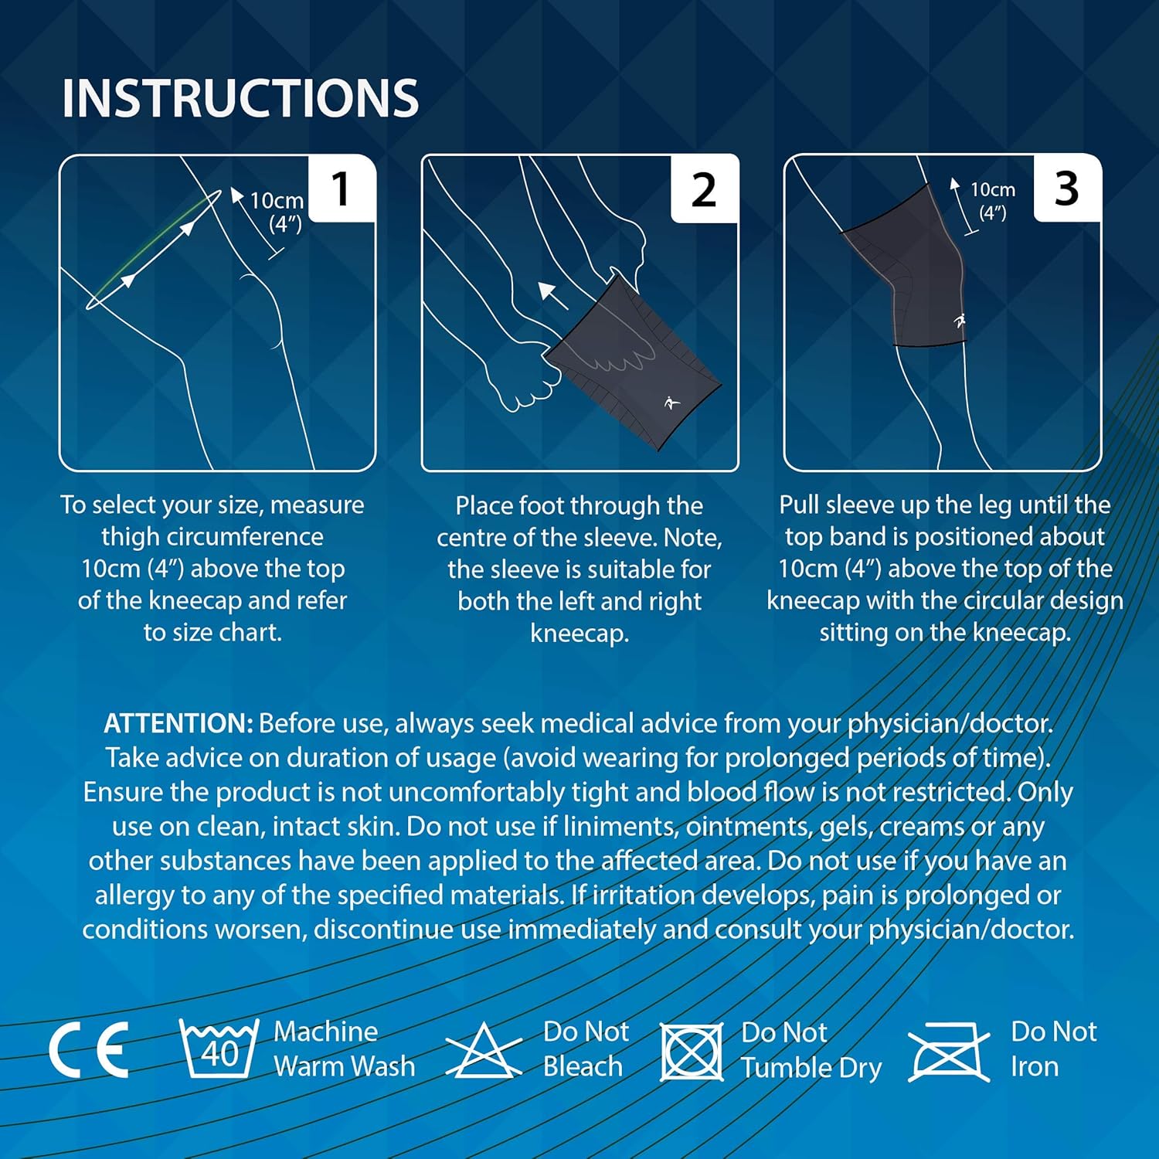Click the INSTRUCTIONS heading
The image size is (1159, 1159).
tap(240, 98)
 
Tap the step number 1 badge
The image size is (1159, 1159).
tap(341, 189)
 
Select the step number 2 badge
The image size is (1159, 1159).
tap(703, 189)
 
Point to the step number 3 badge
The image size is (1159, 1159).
tap(1066, 189)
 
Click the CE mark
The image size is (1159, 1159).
tap(89, 1049)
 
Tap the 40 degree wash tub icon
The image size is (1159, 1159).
tap(219, 1049)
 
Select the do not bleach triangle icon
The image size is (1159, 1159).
tap(484, 1051)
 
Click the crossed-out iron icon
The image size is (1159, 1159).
tap(949, 1052)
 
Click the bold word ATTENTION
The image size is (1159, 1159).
tap(178, 723)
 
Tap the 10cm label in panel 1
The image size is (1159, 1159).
tap(277, 201)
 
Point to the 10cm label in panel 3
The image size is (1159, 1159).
tap(993, 190)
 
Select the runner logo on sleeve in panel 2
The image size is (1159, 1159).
tap(671, 403)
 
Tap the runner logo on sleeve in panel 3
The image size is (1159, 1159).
tap(960, 321)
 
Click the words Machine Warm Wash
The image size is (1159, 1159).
tap(344, 1049)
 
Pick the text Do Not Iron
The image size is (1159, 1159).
tap(1053, 1049)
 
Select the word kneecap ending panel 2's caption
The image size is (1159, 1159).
tap(579, 634)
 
